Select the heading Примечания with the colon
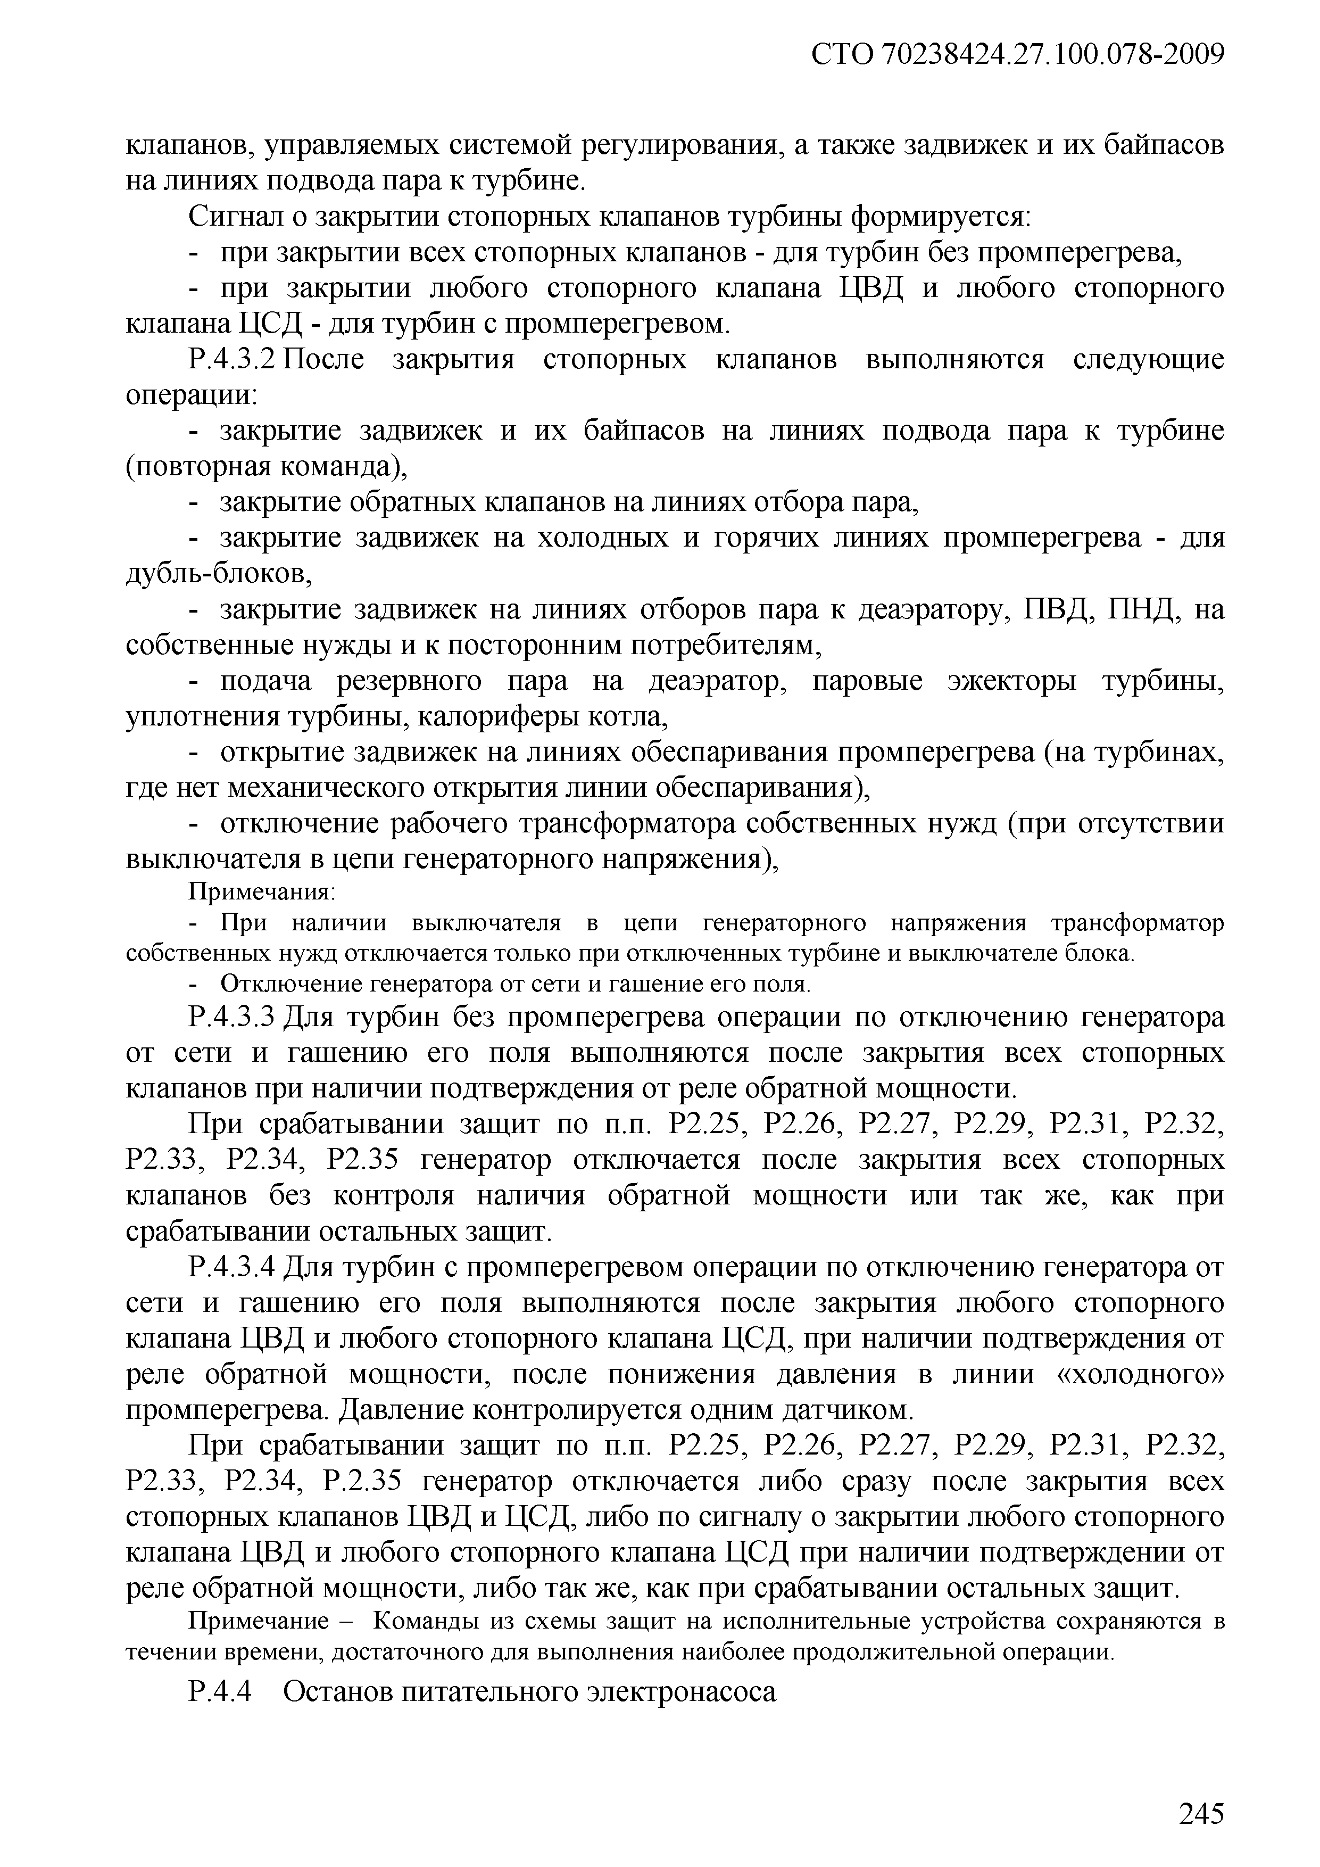tap(262, 893)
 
